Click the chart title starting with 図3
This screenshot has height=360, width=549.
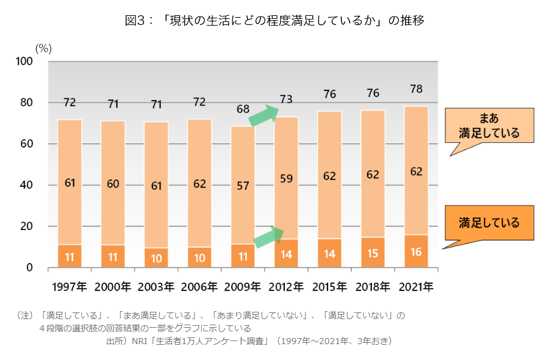274,20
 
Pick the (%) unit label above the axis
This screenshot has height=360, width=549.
43,48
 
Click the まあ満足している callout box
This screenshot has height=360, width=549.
489,126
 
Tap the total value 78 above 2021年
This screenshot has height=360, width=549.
416,89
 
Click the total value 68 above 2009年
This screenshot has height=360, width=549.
243,109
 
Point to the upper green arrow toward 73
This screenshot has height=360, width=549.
264,115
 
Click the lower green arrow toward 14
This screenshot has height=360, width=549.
268,237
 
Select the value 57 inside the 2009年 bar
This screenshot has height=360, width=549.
243,186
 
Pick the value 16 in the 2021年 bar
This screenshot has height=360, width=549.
416,251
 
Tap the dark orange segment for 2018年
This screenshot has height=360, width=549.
373,252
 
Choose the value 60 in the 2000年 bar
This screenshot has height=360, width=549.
113,184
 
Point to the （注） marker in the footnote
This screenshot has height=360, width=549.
26,315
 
